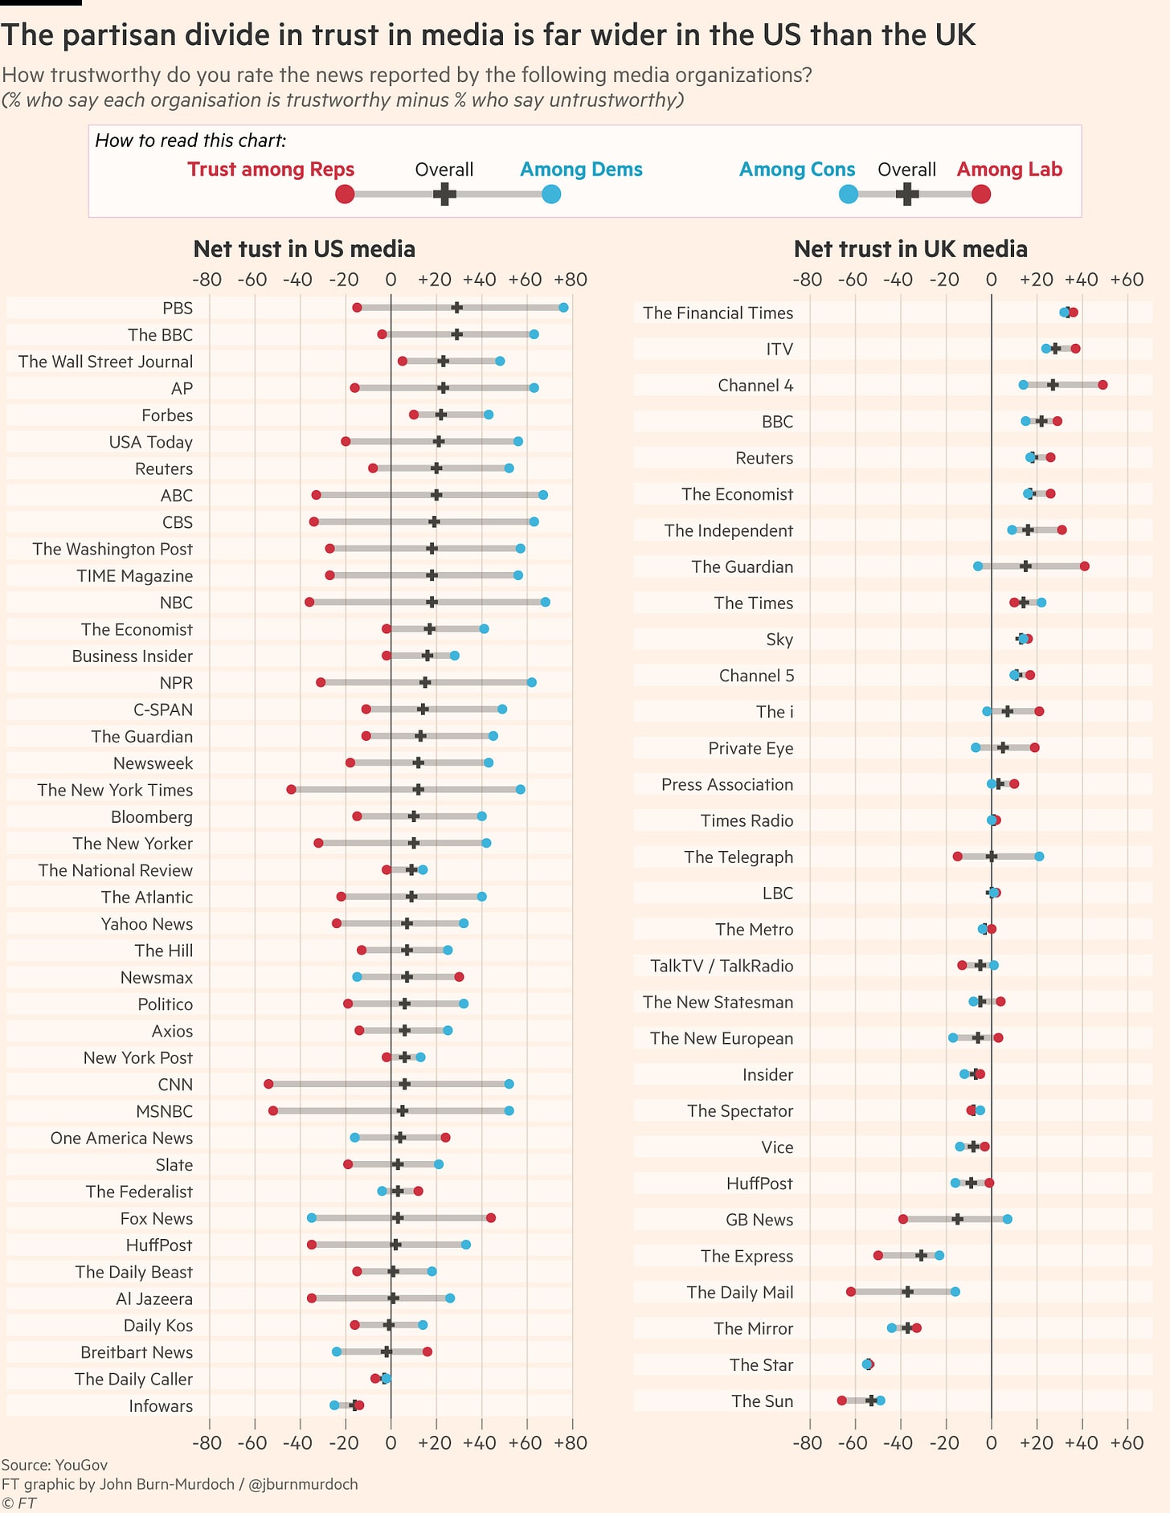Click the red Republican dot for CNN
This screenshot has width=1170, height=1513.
pos(268,1084)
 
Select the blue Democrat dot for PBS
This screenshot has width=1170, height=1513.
pos(563,308)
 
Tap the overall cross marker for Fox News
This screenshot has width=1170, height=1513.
pos(398,1218)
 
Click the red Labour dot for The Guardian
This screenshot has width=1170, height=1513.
pos(1085,566)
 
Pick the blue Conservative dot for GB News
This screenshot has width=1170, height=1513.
pos(1008,1219)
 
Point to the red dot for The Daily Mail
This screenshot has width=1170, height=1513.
pos(851,1292)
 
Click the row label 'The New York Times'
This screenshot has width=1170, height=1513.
pos(115,790)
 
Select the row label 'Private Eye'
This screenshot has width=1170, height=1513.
pos(751,748)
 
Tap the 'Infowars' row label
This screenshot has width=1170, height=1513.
pos(161,1406)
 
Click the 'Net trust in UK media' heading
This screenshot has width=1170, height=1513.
pos(910,249)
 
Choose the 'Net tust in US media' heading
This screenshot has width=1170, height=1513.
pos(304,249)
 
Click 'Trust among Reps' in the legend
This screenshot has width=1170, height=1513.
pos(271,170)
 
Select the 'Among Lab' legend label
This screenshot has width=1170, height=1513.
pos(1009,170)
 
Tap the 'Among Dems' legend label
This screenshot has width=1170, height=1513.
pos(581,170)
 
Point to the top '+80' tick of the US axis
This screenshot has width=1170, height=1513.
pos(571,280)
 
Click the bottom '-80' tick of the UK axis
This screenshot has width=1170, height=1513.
pos(807,1442)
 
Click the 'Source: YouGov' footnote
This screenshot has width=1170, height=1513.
pos(55,1465)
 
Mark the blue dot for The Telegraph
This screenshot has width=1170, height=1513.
pos(1039,857)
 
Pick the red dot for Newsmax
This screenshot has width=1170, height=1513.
pos(459,977)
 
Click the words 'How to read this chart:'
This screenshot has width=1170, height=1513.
pos(190,141)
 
